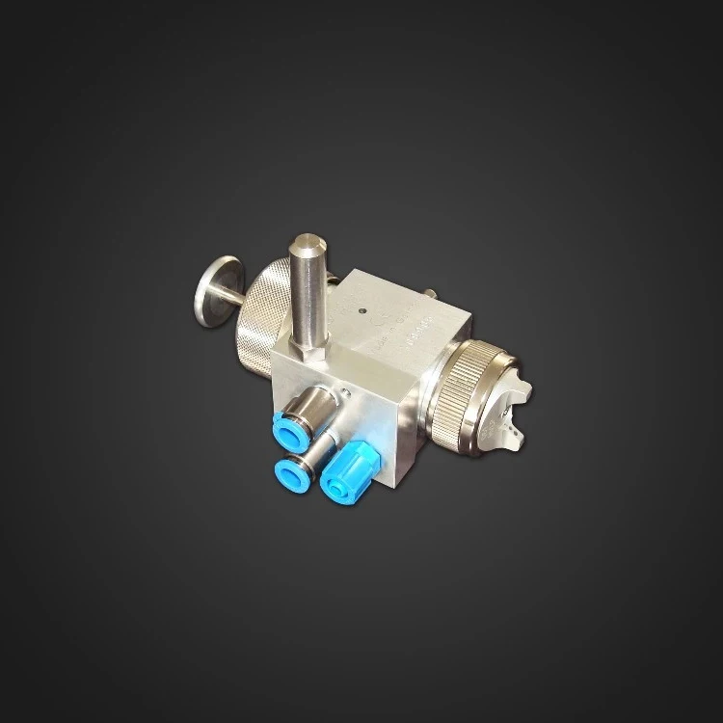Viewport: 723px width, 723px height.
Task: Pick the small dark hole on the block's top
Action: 361,311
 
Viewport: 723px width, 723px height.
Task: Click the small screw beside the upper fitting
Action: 343,392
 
